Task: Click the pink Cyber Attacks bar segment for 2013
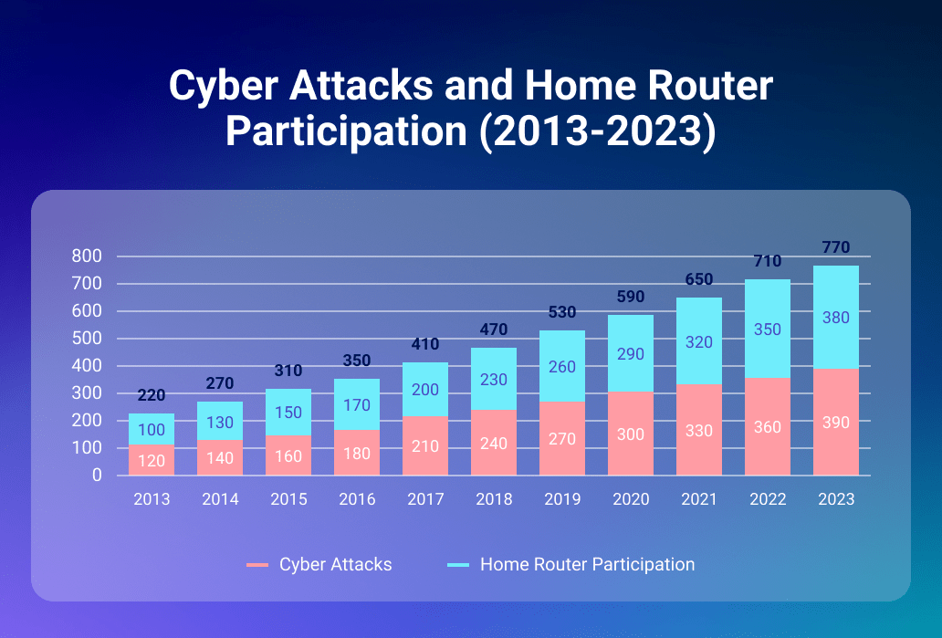(x=152, y=460)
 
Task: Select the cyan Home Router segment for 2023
(x=836, y=317)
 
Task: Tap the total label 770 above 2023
(x=836, y=247)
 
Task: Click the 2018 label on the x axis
(x=494, y=499)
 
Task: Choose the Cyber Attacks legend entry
(x=319, y=565)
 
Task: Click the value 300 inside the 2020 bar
(x=631, y=434)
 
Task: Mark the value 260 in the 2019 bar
(x=562, y=367)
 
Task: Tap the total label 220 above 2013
(x=152, y=395)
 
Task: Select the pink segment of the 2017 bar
(x=425, y=445)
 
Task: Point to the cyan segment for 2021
(x=699, y=341)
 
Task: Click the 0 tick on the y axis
(x=96, y=476)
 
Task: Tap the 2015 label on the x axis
(x=288, y=499)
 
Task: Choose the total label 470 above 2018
(x=494, y=329)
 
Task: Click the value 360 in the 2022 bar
(x=768, y=427)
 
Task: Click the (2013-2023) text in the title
(x=595, y=130)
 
